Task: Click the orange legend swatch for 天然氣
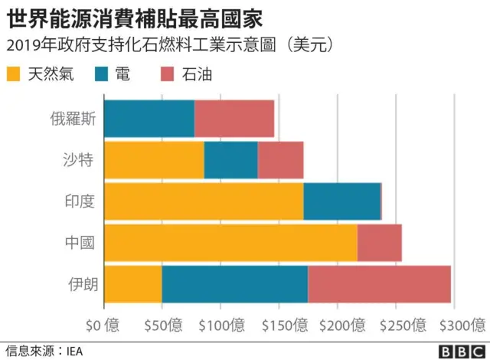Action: (14, 74)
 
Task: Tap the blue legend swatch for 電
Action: (103, 74)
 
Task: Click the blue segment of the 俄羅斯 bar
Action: (149, 119)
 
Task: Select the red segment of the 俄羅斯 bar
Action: (234, 119)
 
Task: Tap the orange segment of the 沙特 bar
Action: (154, 160)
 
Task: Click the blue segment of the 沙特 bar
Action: (230, 160)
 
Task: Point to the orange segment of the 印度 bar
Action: (204, 201)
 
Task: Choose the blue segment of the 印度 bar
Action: (341, 201)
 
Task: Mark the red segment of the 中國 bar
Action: (379, 243)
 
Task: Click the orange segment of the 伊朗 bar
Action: (132, 284)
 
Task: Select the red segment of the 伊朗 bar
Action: (379, 284)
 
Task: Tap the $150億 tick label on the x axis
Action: (279, 325)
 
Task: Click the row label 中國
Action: (80, 243)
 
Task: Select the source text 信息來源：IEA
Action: (43, 351)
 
